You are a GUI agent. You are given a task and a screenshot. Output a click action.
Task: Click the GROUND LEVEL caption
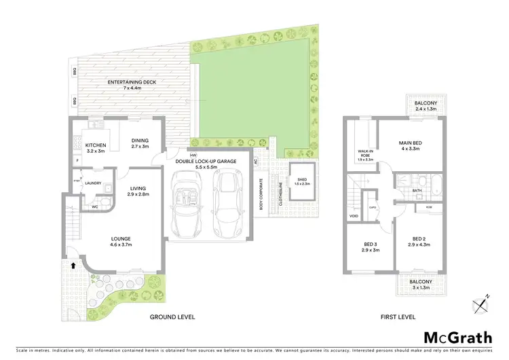tap(172, 317)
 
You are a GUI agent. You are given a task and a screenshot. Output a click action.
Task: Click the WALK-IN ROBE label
tap(360, 156)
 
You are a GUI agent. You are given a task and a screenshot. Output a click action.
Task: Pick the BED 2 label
tap(416, 240)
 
